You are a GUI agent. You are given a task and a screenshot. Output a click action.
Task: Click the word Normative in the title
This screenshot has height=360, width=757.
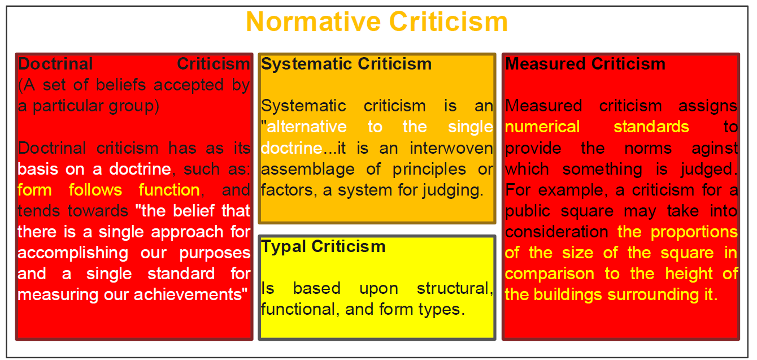pos(314,21)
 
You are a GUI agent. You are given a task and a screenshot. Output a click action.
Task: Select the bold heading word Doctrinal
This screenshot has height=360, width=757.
pos(55,64)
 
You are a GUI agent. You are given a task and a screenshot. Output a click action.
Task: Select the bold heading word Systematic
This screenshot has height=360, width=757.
pos(307,64)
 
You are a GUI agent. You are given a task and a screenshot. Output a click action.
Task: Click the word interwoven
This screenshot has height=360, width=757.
pos(451,148)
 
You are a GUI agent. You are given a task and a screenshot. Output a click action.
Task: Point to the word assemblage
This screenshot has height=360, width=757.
pos(308,170)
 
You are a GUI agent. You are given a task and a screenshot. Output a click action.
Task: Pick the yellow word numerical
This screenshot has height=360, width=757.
pos(542,127)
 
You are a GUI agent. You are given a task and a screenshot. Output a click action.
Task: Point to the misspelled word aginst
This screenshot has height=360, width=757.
pos(715,149)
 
